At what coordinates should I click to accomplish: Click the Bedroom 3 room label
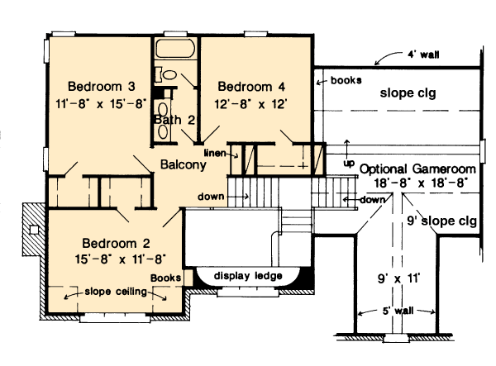tap(102, 86)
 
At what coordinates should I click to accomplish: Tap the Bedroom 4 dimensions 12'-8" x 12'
tap(250, 104)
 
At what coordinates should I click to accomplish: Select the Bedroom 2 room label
tap(116, 244)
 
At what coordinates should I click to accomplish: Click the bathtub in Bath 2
tap(174, 48)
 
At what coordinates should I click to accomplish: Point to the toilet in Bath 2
tap(166, 74)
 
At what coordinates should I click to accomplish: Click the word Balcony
tap(184, 164)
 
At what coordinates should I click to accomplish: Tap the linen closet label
tap(215, 154)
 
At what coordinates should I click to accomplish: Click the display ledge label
tap(248, 276)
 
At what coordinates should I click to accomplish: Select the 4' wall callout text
tap(423, 55)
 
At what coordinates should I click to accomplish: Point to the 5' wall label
tap(398, 311)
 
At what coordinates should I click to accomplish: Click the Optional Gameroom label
tap(417, 169)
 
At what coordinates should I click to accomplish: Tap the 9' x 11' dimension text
tap(398, 278)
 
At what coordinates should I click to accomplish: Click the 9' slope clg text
tap(441, 221)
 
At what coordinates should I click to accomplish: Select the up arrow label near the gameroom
tap(349, 164)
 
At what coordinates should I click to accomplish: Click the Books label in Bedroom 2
tap(166, 278)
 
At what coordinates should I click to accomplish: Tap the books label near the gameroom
tap(346, 80)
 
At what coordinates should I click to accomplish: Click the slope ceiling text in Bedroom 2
tap(116, 292)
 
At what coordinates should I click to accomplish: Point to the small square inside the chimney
tap(34, 230)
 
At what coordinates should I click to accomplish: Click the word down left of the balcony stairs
tap(211, 197)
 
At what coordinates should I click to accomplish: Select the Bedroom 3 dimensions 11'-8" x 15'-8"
tap(101, 103)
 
